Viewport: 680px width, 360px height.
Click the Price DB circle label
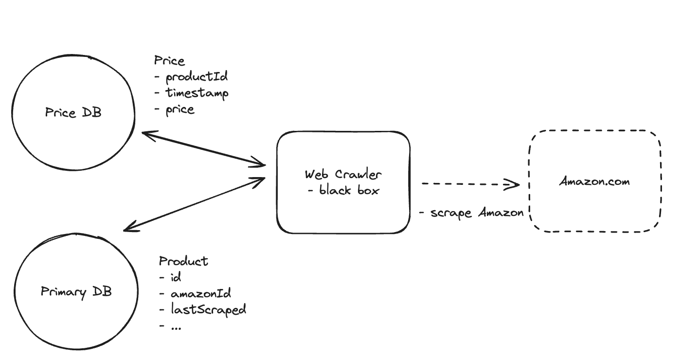(73, 113)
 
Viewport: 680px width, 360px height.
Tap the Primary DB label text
(76, 292)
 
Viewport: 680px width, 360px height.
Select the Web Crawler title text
(343, 175)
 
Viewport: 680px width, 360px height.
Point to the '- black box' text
(343, 190)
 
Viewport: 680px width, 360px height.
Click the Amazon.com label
(594, 182)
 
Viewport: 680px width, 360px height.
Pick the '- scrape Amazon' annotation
(471, 213)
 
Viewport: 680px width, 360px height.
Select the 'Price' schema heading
(169, 61)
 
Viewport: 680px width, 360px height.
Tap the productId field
(191, 77)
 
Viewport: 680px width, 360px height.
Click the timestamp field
(191, 93)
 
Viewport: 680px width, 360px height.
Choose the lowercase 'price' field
(175, 110)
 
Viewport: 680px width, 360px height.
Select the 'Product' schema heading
(183, 261)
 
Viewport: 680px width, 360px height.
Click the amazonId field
(195, 293)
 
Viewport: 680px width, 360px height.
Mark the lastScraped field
(202, 309)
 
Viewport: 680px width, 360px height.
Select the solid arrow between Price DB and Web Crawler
(204, 149)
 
